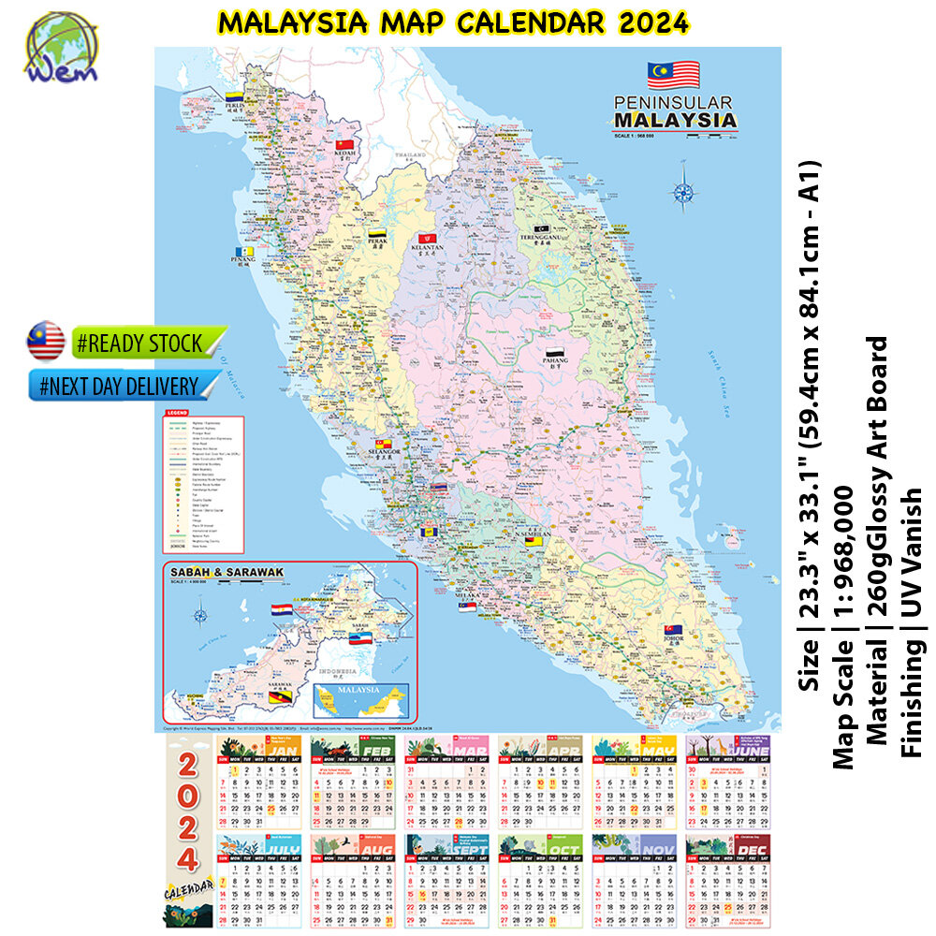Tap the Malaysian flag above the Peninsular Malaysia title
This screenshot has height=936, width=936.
pyautogui.click(x=673, y=74)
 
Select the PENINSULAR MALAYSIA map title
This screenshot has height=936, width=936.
pyautogui.click(x=674, y=112)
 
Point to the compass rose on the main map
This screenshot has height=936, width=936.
pyautogui.click(x=683, y=193)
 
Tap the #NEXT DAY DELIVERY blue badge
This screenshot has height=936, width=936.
pyautogui.click(x=122, y=386)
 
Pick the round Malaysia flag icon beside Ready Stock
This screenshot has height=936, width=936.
pyautogui.click(x=45, y=342)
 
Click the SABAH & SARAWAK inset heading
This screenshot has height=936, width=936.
pyautogui.click(x=225, y=572)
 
